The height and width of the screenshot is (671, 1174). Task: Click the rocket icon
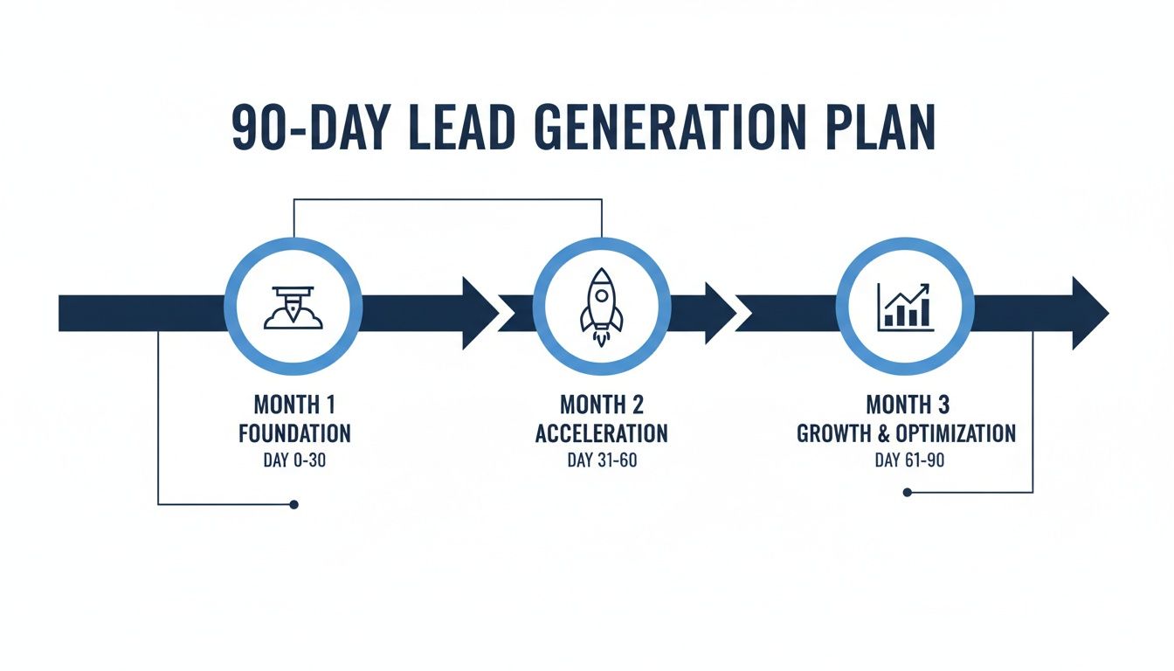tap(602, 308)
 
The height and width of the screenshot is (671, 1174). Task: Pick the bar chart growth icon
tap(905, 306)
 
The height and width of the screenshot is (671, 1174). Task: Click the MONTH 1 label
tap(294, 405)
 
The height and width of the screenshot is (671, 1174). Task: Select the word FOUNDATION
tap(294, 432)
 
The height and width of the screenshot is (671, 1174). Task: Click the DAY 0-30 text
tap(294, 460)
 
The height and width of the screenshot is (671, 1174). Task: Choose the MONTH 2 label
tap(602, 405)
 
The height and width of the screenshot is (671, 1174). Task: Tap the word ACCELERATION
tap(602, 432)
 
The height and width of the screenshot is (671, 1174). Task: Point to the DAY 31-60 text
tap(602, 460)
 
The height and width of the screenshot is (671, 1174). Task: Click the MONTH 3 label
tap(907, 405)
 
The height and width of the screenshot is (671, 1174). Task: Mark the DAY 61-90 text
tap(907, 460)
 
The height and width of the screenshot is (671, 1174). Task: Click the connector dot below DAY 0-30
tap(294, 504)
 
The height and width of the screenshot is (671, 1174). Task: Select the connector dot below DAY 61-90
tap(907, 493)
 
